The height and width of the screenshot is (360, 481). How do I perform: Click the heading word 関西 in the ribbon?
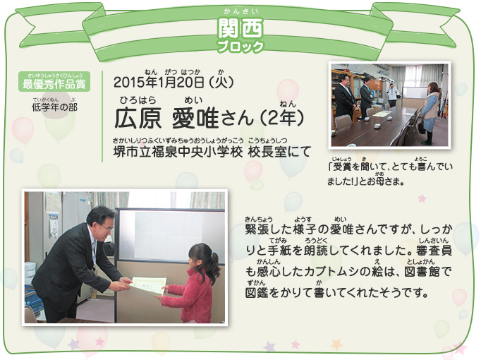click(x=240, y=28)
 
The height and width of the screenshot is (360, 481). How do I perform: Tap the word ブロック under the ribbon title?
click(x=240, y=47)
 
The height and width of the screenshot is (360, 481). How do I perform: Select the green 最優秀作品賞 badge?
click(x=54, y=81)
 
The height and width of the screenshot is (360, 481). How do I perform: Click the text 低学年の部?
click(x=54, y=107)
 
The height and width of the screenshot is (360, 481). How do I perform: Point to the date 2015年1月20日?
click(x=159, y=82)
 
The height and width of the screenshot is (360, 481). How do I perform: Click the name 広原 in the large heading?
click(x=138, y=119)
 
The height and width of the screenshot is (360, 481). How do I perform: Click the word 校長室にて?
click(x=280, y=152)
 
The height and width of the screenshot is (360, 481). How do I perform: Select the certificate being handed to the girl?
click(x=148, y=286)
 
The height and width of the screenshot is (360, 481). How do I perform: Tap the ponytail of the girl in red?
click(x=215, y=263)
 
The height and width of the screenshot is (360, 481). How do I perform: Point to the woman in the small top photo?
click(x=430, y=113)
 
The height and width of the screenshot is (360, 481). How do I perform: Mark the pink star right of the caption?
click(x=422, y=198)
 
